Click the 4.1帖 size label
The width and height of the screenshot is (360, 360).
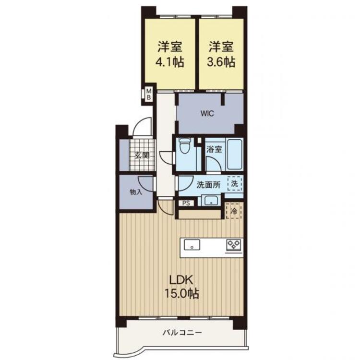coord(169,62)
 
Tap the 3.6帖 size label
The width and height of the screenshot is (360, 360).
coord(221,62)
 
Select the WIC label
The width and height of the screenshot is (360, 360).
coord(207,113)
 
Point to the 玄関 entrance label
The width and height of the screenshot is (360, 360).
coord(142,156)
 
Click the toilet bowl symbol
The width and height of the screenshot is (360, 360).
coord(185,145)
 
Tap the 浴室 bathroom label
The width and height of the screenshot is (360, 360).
coord(214,149)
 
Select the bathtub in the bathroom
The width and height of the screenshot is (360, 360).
coord(234,154)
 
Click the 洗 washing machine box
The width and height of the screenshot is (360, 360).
coord(234,183)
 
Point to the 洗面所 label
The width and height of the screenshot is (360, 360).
coord(208,185)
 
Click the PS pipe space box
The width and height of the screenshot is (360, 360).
coord(186,203)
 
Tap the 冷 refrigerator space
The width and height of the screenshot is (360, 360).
coord(234,211)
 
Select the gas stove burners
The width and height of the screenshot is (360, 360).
coord(234,245)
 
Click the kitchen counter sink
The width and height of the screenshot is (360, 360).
coord(192,245)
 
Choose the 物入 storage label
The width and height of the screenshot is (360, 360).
coord(136,192)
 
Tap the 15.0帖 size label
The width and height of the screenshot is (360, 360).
coord(181,293)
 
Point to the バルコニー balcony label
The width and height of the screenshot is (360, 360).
coord(182,333)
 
